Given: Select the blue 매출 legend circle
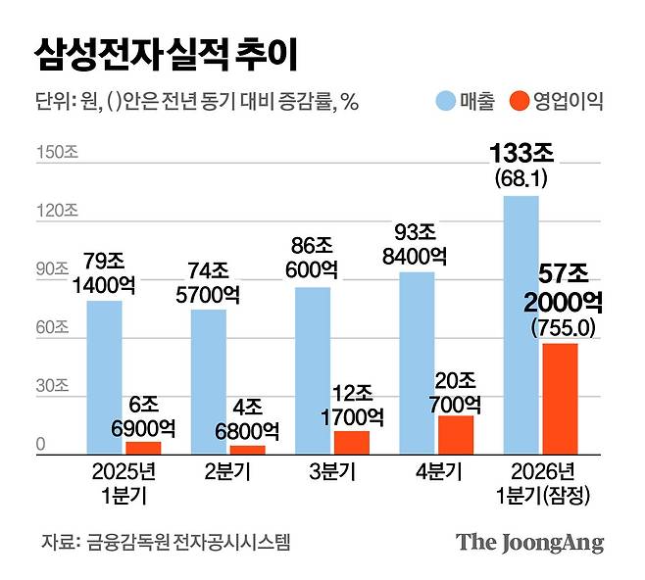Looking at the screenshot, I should [x=445, y=100].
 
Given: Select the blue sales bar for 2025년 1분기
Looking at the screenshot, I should [x=104, y=377].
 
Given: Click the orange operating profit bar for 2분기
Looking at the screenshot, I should [x=248, y=450].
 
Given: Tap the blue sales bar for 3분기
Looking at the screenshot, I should [x=313, y=370].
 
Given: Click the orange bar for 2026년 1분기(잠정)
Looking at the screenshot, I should [x=560, y=398].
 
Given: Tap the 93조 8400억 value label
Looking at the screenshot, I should [x=417, y=244].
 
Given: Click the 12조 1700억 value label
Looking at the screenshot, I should [x=352, y=408].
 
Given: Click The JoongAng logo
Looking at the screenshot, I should [x=529, y=543].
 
